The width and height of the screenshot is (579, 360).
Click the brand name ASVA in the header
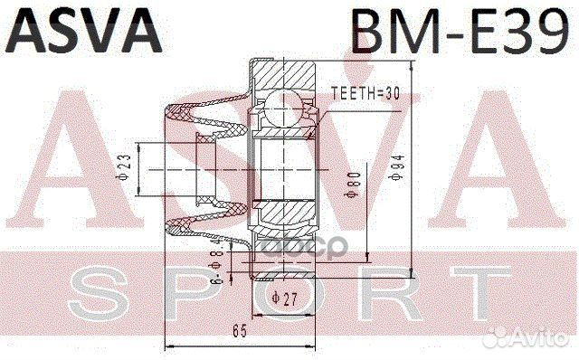click(86, 31)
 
